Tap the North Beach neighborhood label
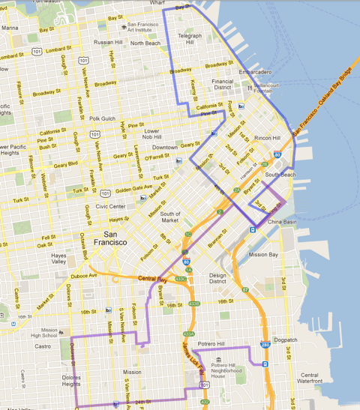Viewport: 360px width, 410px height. [x=145, y=43]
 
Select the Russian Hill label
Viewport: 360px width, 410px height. [x=109, y=42]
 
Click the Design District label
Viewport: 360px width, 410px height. [x=217, y=278]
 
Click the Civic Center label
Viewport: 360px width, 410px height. [x=110, y=206]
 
